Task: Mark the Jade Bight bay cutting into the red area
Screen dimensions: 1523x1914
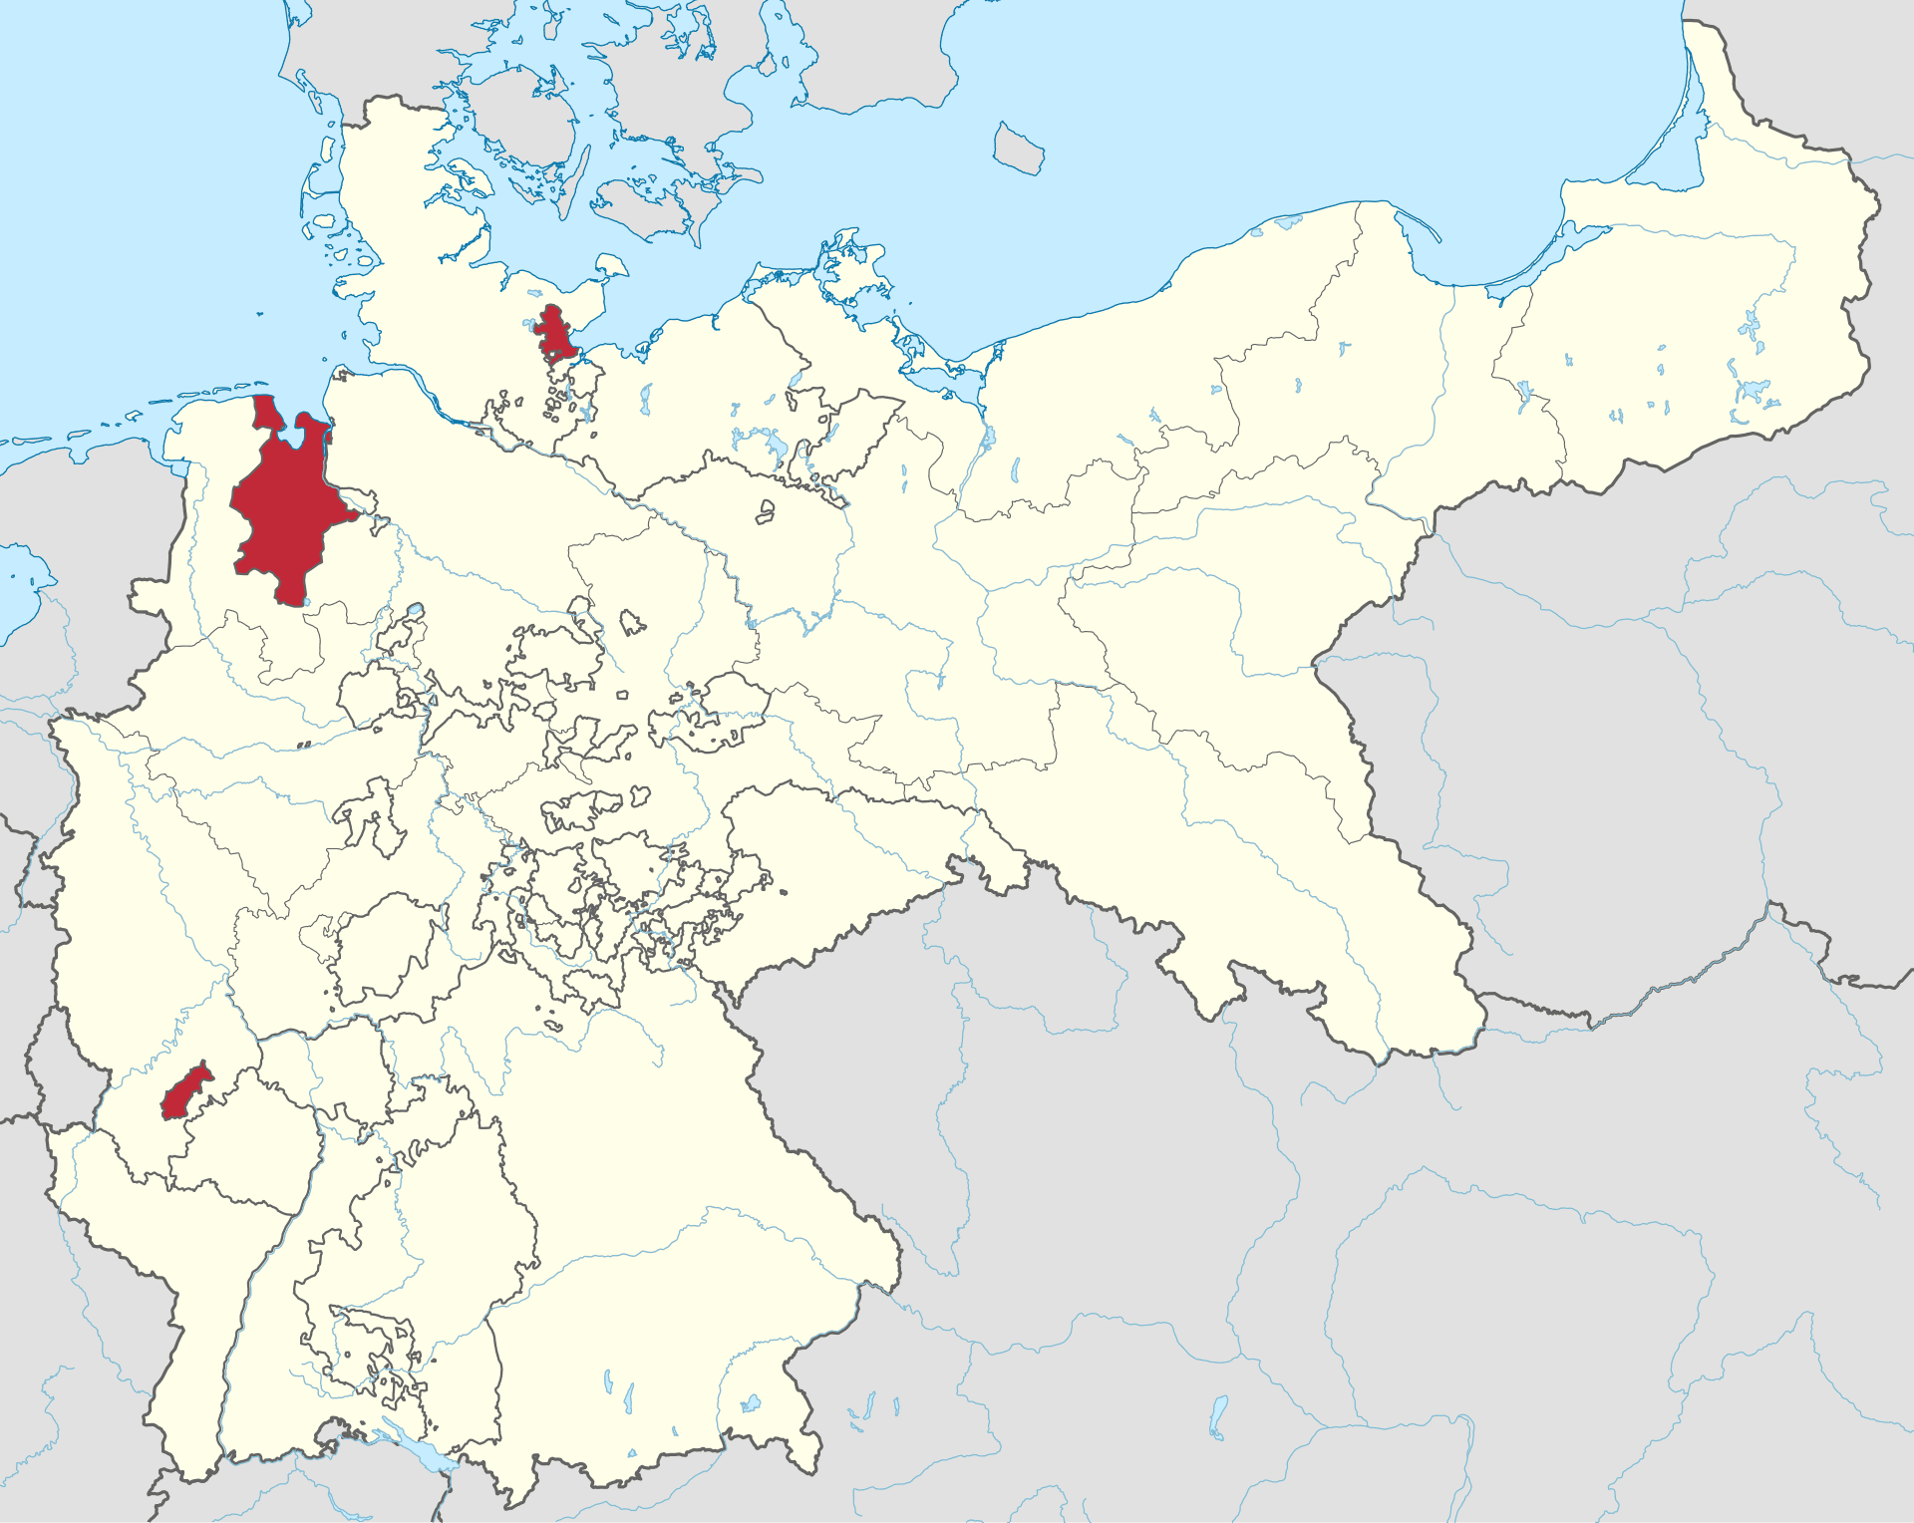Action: point(296,430)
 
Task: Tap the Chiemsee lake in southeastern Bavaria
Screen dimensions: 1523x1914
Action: point(751,1403)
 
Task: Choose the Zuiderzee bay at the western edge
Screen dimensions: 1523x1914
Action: point(25,578)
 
